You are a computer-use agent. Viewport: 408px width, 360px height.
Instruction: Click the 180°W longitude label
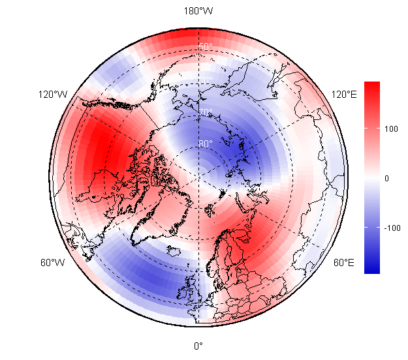pyautogui.click(x=198, y=11)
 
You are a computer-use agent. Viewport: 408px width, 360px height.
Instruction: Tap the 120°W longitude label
pyautogui.click(x=53, y=95)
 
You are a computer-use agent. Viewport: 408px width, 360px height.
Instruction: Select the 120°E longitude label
pyautogui.click(x=345, y=95)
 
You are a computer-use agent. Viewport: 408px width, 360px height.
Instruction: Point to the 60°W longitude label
pyautogui.click(x=52, y=263)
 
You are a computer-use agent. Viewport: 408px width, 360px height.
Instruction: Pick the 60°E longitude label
pyautogui.click(x=344, y=263)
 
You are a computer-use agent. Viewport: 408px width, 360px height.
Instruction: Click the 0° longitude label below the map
pyautogui.click(x=198, y=346)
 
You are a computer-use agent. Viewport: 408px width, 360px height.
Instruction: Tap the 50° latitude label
pyautogui.click(x=206, y=47)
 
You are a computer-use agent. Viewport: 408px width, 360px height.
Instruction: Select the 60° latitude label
pyautogui.click(x=206, y=80)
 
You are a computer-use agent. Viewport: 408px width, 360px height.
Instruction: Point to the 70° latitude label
pyautogui.click(x=206, y=112)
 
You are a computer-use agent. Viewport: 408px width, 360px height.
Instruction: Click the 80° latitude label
pyautogui.click(x=206, y=143)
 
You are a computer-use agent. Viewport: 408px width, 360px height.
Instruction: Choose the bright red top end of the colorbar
pyautogui.click(x=371, y=85)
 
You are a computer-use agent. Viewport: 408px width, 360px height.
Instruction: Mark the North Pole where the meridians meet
pyautogui.click(x=198, y=176)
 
